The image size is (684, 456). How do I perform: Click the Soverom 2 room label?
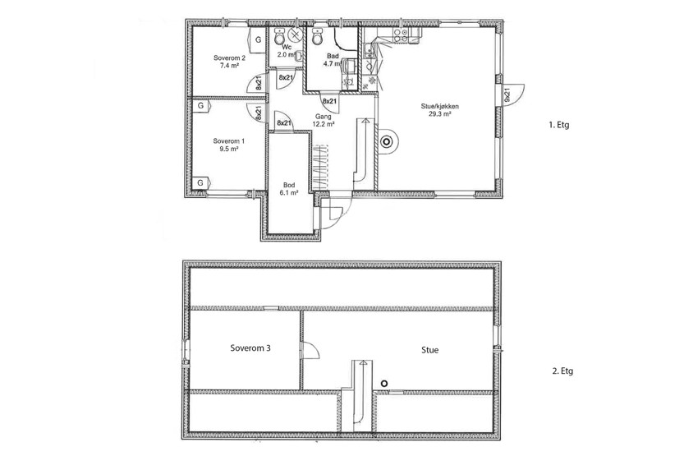coord(229,58)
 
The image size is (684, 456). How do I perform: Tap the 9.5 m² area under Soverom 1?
coord(229,149)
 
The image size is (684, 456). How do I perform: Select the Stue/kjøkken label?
coord(440,106)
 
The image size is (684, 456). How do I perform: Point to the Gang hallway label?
coord(324,117)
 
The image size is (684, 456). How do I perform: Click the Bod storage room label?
coord(289,185)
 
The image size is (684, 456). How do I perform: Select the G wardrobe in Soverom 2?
coord(258,40)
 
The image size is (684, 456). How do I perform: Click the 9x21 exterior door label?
coord(507,94)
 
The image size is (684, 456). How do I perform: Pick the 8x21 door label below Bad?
coord(329,101)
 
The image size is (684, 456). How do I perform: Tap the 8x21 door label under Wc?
coord(286,77)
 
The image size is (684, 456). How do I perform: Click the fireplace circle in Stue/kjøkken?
coord(386,141)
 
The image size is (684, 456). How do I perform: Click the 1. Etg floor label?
coord(559,125)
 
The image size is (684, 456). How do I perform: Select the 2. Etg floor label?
coord(562,371)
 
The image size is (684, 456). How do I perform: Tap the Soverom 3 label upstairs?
coord(250,348)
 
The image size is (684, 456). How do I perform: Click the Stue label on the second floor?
coord(430,350)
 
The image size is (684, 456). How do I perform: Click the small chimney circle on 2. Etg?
coord(384,384)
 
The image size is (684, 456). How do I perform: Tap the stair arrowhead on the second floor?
coord(363,362)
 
